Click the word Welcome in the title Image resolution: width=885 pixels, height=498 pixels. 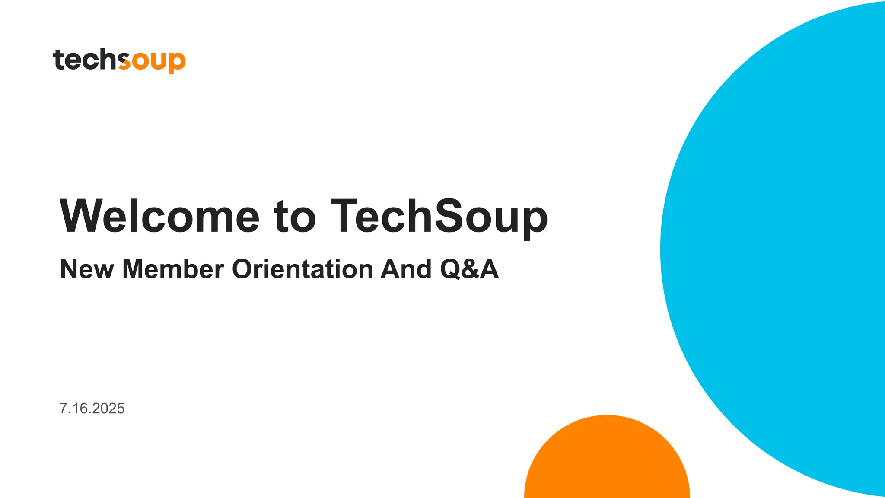click(159, 216)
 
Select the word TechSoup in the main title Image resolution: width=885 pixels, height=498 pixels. click(439, 216)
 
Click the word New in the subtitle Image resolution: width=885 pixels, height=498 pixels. click(87, 269)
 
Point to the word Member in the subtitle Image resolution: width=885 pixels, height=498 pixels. click(173, 269)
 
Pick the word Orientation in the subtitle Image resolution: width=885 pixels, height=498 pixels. click(302, 269)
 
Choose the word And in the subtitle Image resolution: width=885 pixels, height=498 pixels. click(406, 269)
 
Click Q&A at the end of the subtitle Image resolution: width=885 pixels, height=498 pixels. click(469, 269)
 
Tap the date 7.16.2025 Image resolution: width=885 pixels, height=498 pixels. click(92, 409)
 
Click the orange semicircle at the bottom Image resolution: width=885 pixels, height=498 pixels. click(607, 463)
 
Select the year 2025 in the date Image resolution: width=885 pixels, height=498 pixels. click(108, 409)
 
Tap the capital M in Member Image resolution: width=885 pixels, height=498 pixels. click(135, 269)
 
